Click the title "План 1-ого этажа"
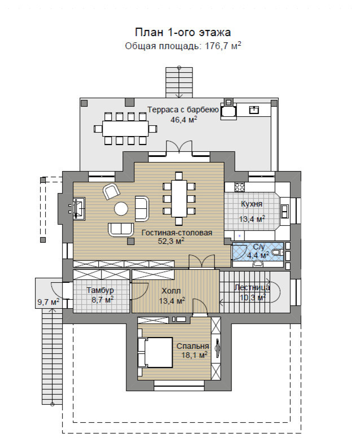183,32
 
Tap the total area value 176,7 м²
223,46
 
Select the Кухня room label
252,204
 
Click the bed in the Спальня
155,352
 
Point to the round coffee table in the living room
121,209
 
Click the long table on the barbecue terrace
125,129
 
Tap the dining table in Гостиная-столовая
179,199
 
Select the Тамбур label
100,290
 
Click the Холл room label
172,291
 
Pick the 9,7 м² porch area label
49,302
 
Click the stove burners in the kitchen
240,187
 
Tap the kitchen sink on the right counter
284,212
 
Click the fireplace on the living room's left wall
79,208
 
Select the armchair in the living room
112,191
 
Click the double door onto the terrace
179,147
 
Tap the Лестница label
252,287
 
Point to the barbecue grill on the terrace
228,111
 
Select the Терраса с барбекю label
183,110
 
